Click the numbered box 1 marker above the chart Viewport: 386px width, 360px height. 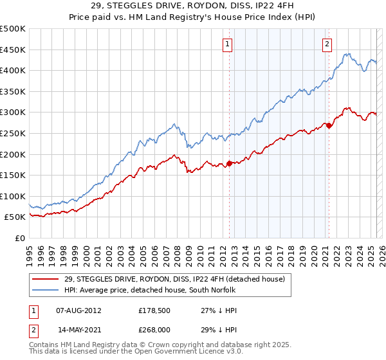coord(228,44)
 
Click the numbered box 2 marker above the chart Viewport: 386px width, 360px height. coord(327,44)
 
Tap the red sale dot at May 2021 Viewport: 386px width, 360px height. coord(329,126)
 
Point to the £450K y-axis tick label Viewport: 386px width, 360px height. coord(13,50)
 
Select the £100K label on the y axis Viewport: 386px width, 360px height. coord(13,196)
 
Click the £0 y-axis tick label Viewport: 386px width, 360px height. coord(21,238)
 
